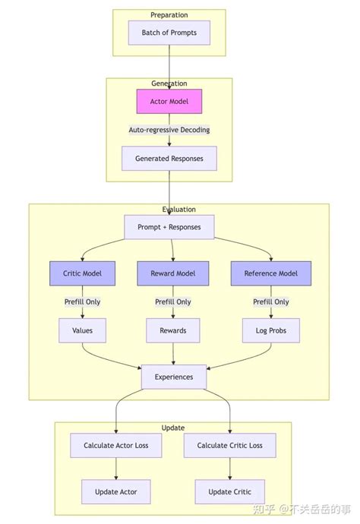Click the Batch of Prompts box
pos(169,33)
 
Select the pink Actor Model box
pos(169,101)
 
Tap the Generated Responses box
pos(169,159)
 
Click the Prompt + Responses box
pos(169,227)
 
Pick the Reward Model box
pos(172,273)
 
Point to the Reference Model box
pos(270,273)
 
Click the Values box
pos(81,330)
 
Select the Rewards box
pos(172,330)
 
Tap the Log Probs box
pos(270,330)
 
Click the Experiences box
pos(173,377)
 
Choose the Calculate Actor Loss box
pos(116,445)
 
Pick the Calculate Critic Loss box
pos(229,445)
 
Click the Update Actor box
pos(116,491)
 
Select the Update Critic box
pos(229,491)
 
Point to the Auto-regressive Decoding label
pos(169,130)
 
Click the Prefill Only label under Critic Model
pos(81,301)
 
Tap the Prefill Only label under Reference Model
pos(270,301)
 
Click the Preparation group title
pos(169,15)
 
